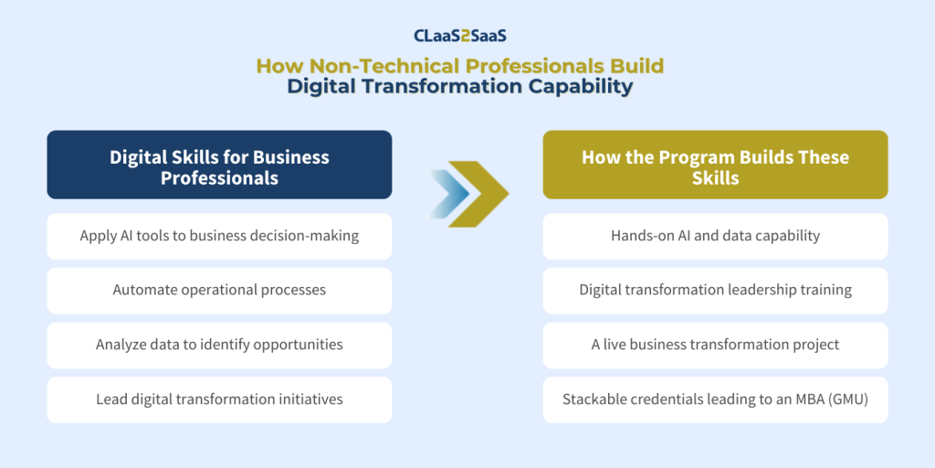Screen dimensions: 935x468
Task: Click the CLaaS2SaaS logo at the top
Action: pyautogui.click(x=460, y=36)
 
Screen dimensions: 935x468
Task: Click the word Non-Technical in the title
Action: pyautogui.click(x=387, y=66)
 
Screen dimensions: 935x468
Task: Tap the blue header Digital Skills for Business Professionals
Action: pyautogui.click(x=219, y=165)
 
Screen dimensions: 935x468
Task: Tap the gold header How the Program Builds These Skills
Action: pyautogui.click(x=715, y=165)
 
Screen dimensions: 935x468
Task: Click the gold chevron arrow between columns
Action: pyautogui.click(x=478, y=194)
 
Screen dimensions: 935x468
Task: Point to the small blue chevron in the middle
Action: pyautogui.click(x=448, y=194)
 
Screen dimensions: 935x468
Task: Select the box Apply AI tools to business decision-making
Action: pyautogui.click(x=219, y=237)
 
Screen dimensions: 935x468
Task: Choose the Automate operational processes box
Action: pyautogui.click(x=219, y=291)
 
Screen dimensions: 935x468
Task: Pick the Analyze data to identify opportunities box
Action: pyautogui.click(x=219, y=345)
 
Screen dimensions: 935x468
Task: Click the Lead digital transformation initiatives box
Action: pyautogui.click(x=219, y=399)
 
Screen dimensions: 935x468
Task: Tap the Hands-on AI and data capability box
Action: pyautogui.click(x=715, y=237)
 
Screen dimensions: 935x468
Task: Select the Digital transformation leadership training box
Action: pyautogui.click(x=715, y=291)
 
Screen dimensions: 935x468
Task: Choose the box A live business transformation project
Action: pyautogui.click(x=715, y=345)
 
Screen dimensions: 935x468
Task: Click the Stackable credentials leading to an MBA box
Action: pyautogui.click(x=715, y=399)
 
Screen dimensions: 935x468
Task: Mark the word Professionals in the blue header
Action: pyautogui.click(x=219, y=178)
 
